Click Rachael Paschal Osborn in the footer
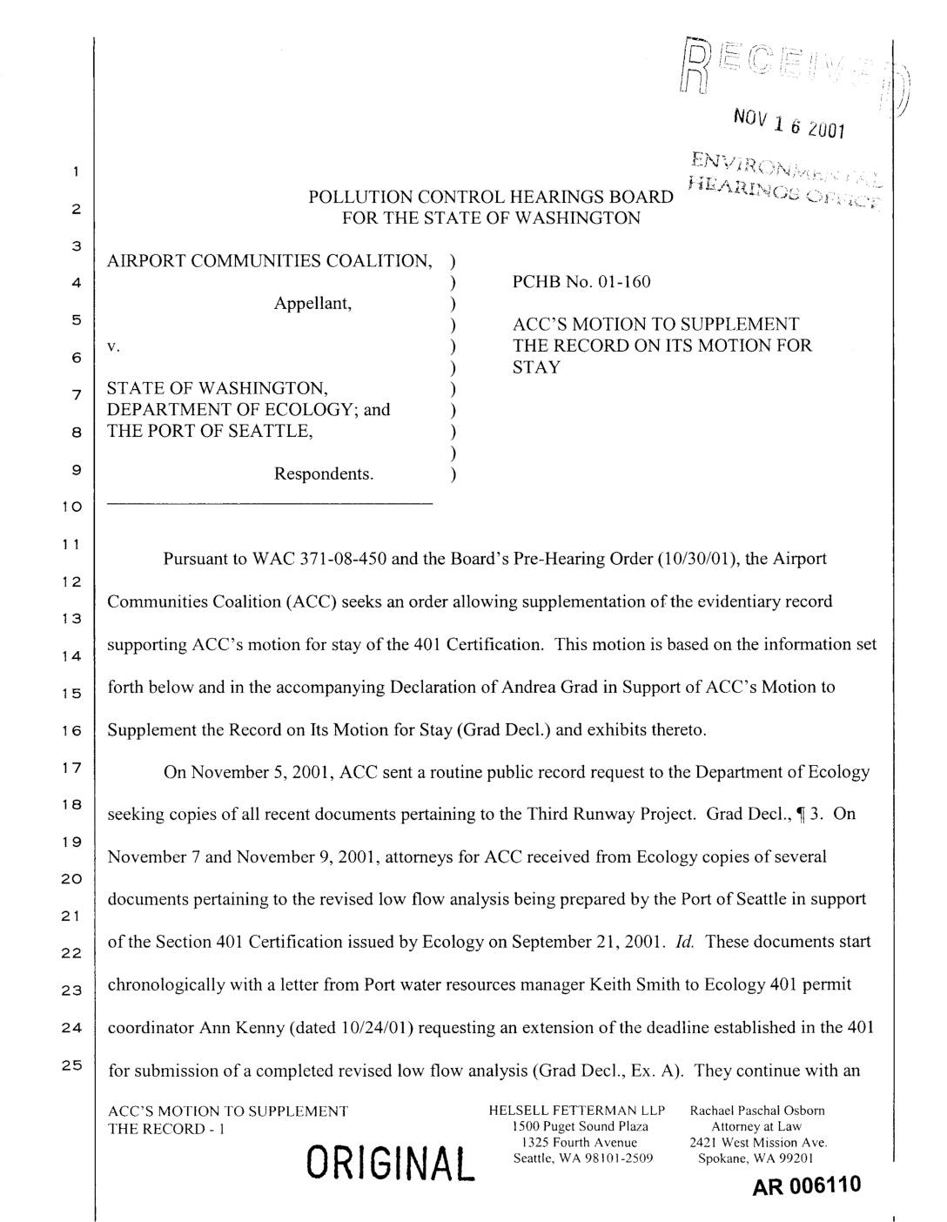757,1111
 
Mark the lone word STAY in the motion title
536,366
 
